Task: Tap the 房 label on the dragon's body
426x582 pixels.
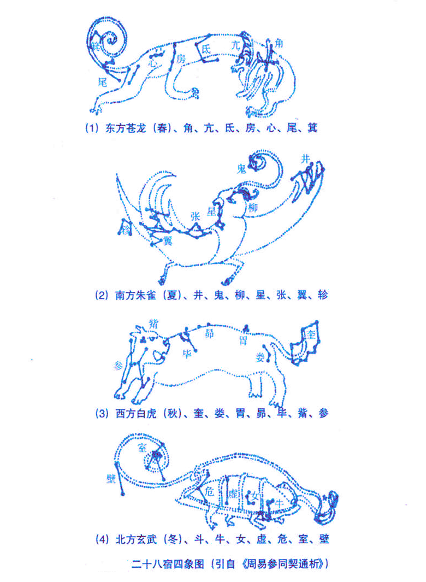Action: point(181,60)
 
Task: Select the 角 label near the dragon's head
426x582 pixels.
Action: point(279,42)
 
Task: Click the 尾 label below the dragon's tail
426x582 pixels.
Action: point(102,83)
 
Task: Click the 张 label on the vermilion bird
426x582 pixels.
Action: point(195,215)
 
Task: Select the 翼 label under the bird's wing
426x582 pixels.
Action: point(168,240)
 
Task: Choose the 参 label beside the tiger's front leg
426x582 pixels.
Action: point(119,366)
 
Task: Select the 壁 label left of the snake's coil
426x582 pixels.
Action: point(111,479)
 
